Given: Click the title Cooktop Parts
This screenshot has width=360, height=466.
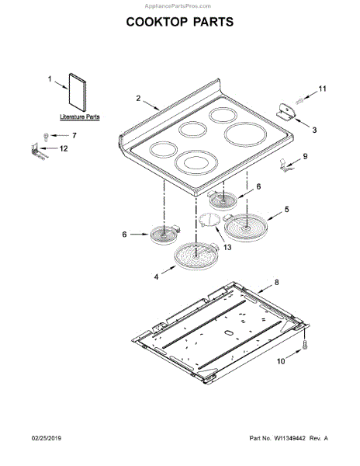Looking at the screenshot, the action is pos(180,22).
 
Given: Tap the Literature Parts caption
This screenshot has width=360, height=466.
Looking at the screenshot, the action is pos(80,116).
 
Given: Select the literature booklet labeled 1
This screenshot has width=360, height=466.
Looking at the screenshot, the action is pos(78,92).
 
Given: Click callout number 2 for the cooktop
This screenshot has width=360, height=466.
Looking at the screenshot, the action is pos(138,98).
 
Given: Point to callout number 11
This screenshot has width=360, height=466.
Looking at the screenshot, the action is pos(322,89).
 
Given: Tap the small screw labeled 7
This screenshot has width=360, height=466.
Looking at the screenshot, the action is pos(46,137).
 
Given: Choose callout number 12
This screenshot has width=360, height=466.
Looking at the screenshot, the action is pos(64,148).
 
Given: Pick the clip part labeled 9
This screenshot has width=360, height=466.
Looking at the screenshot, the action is pos(285,166).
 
